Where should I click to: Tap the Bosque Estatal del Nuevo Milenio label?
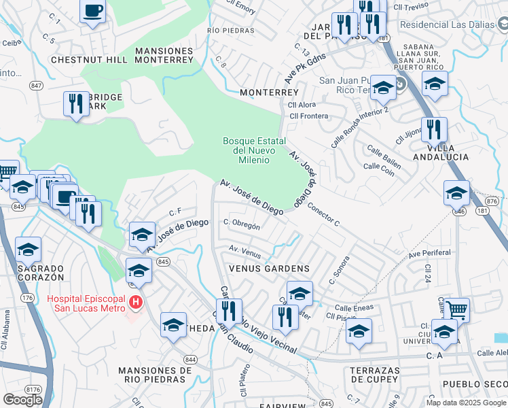246,150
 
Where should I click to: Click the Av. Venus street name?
245,252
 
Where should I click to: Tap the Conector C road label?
323,214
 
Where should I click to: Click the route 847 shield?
37,86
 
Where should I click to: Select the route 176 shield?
27,298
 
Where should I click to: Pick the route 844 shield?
190,359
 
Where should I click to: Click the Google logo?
22,400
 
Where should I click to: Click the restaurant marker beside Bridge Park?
75,104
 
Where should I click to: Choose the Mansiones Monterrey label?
164,55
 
